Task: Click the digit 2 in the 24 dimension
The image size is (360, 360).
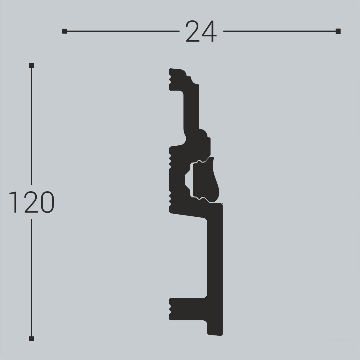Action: pos(192,32)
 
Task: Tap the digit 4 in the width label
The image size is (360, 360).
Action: pos(209,32)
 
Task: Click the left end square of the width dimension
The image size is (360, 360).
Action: pos(64,31)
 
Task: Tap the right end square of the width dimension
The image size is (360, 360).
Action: pos(338,31)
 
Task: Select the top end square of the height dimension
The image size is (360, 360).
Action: pos(32,65)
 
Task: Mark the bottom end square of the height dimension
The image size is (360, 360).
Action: pos(32,339)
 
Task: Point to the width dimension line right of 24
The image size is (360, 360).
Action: pos(280,31)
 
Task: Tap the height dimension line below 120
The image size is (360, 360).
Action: pos(32,277)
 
